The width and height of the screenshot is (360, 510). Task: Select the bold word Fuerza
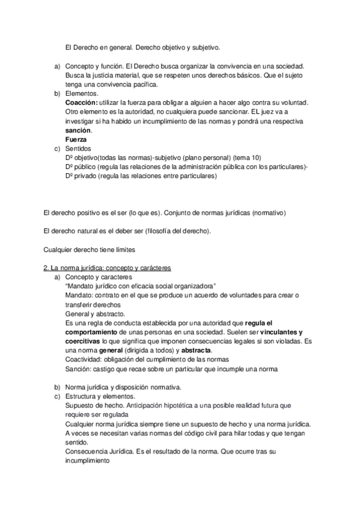76,140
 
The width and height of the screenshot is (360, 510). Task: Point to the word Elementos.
82,94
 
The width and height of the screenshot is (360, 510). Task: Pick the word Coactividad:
84,359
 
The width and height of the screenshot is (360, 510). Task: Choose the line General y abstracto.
94,313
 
